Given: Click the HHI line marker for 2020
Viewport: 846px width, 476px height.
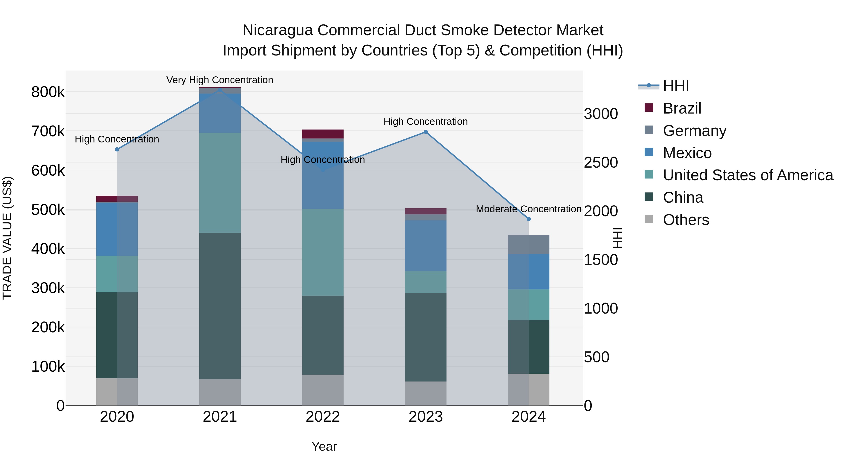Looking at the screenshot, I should point(117,149).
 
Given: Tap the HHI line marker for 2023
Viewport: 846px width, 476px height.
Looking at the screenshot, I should point(426,132).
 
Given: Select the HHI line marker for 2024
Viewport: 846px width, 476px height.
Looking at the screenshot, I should point(529,219).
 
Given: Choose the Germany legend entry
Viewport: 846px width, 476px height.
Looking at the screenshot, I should point(694,131).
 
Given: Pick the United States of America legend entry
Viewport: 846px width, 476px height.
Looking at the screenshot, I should point(748,175).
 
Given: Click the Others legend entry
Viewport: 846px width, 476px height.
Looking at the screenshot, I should point(686,220).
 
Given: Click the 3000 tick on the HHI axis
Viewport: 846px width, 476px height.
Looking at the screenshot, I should point(601,114).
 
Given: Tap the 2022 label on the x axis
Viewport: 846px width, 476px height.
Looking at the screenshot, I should point(323,417).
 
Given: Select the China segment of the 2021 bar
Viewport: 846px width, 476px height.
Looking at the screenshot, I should point(220,306).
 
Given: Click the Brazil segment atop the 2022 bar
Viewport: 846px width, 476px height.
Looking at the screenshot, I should point(323,134).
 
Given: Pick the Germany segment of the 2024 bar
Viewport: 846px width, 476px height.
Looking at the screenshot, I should point(529,244).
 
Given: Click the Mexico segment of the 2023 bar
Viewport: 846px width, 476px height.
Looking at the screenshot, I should point(426,245).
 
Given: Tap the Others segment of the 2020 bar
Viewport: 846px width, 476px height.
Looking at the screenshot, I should point(117,392).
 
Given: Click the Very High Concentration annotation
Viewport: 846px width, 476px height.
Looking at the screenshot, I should point(220,80).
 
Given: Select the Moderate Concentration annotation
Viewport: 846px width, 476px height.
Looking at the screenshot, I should point(529,209).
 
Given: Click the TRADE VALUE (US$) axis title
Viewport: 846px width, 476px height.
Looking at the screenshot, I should point(7,238).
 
